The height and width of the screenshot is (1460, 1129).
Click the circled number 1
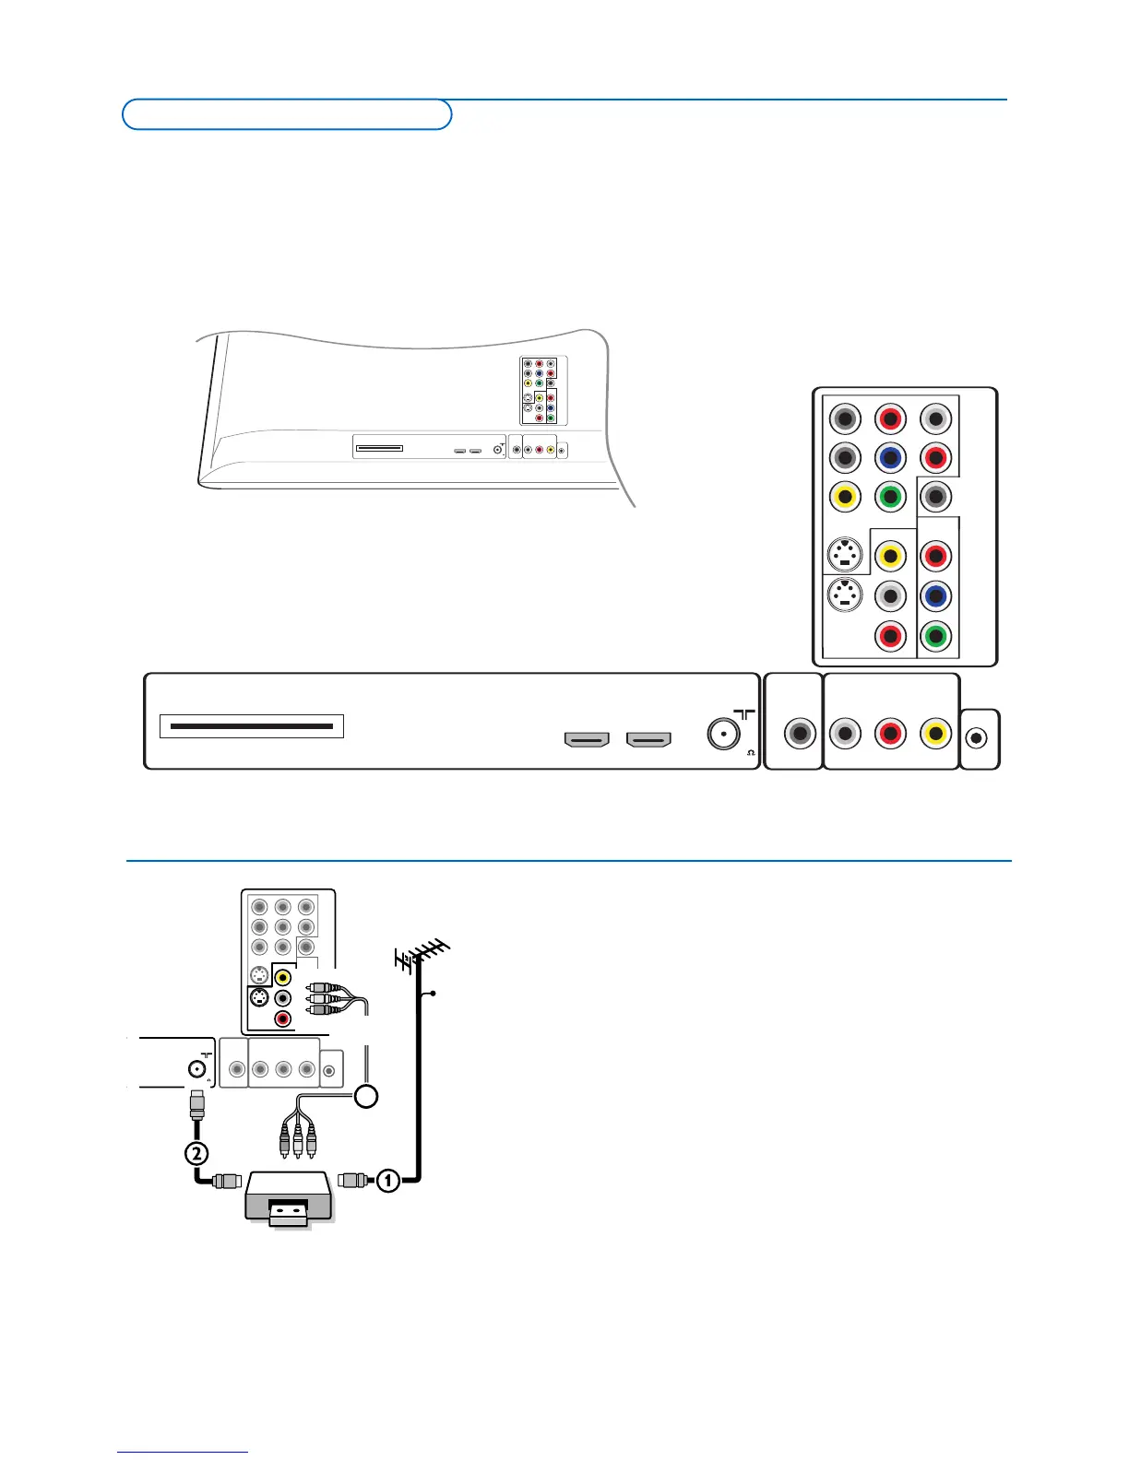388,1179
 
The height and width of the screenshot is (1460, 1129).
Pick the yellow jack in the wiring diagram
283,977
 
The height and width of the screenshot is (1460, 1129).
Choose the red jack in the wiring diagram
283,1018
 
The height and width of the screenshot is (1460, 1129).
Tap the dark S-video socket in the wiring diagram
260,997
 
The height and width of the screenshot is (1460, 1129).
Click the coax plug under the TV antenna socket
196,1103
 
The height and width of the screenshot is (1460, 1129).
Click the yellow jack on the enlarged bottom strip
935,734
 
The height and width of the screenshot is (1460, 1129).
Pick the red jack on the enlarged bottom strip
890,734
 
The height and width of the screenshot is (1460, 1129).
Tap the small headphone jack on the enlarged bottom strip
979,737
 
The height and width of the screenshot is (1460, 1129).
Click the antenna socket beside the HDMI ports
722,734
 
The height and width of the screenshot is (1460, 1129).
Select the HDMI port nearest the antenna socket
648,739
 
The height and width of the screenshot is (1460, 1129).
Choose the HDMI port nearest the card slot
587,739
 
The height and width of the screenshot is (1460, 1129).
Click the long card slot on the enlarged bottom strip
252,726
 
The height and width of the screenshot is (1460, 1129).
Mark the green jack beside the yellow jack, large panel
890,498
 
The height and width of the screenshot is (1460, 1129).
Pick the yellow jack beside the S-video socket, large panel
889,556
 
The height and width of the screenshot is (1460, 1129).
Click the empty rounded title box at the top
287,114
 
